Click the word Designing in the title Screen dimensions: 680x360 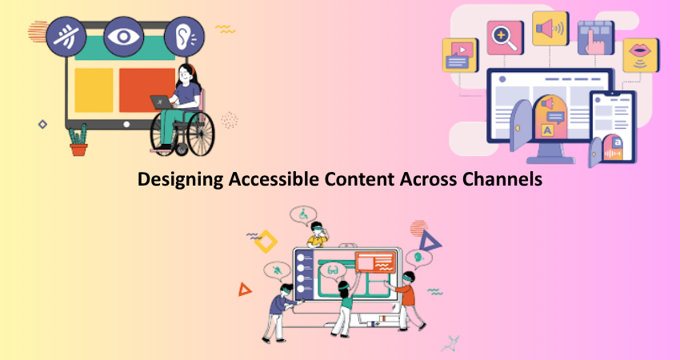pyautogui.click(x=181, y=179)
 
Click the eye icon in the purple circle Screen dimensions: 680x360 pyautogui.click(x=123, y=37)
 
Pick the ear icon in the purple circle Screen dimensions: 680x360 pyautogui.click(x=184, y=37)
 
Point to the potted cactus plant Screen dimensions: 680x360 pyautogui.click(x=78, y=140)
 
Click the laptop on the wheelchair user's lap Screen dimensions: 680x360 pyautogui.click(x=161, y=102)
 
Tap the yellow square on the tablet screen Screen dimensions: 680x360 pyautogui.click(x=94, y=90)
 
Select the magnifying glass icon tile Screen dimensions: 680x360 pyautogui.click(x=506, y=38)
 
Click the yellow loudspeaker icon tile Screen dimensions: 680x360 pyautogui.click(x=550, y=29)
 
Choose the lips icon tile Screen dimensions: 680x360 pyautogui.click(x=642, y=55)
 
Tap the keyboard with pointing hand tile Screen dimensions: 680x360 pyautogui.click(x=596, y=38)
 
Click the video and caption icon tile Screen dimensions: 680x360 pyautogui.click(x=461, y=55)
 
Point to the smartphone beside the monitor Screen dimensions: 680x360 pyautogui.click(x=614, y=126)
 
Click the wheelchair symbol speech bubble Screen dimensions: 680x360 pyautogui.click(x=303, y=214)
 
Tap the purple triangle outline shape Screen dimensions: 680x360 pyautogui.click(x=430, y=241)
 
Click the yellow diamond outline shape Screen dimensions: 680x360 pyautogui.click(x=266, y=242)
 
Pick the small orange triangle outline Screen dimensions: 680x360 pyautogui.click(x=245, y=290)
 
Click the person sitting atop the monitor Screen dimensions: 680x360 pyautogui.click(x=318, y=234)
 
